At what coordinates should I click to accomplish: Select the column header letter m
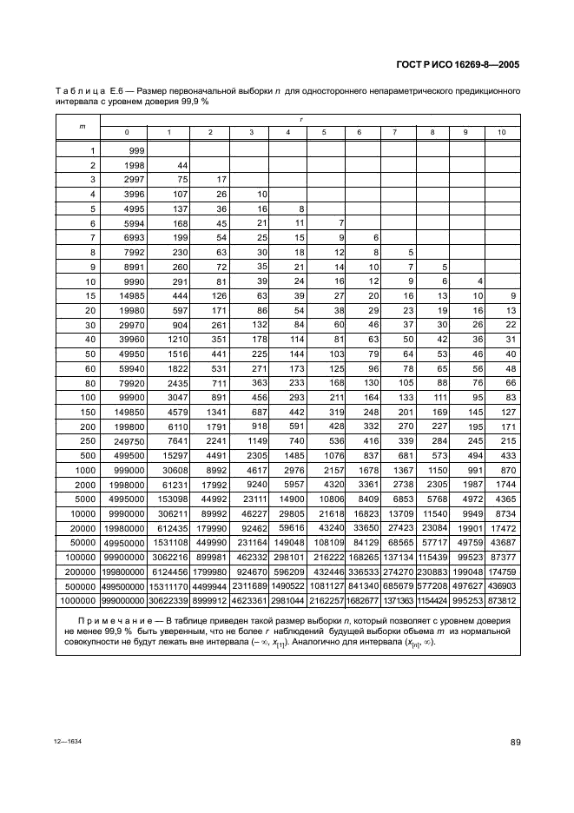82,126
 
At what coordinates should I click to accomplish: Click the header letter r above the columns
301,120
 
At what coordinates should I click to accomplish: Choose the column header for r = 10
501,132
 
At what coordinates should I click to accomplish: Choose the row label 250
86,440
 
